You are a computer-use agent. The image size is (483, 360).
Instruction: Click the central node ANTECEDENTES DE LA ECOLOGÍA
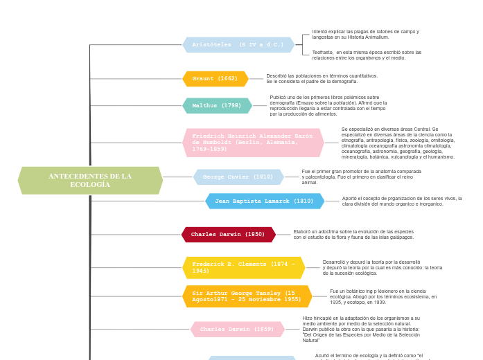tap(90, 181)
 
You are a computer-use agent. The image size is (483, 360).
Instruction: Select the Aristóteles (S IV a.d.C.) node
tap(238, 45)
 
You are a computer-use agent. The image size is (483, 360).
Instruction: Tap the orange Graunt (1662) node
tap(215, 79)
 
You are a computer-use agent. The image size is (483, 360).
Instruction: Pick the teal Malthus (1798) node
tap(217, 106)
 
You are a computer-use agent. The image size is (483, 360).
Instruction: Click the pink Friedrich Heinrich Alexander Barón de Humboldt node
tap(253, 143)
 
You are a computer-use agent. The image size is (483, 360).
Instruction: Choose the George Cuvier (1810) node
tap(238, 177)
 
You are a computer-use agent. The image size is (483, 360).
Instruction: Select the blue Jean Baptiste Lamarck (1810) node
tap(265, 201)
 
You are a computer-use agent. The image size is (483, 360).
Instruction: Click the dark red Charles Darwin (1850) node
tap(228, 235)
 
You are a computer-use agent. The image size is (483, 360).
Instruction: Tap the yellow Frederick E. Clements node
tap(244, 267)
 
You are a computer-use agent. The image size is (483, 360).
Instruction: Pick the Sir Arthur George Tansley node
tap(247, 296)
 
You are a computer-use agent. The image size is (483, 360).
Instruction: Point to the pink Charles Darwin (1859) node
tap(237, 330)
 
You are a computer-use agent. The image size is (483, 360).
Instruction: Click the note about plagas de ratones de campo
tap(365, 34)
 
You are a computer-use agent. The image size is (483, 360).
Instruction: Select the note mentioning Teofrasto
tap(367, 55)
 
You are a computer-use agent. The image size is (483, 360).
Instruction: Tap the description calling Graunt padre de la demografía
tap(322, 78)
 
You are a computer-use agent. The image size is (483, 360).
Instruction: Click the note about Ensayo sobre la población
tap(328, 106)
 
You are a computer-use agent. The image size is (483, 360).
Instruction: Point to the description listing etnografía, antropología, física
tap(398, 143)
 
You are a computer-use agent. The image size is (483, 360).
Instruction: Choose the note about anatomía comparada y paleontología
tap(361, 177)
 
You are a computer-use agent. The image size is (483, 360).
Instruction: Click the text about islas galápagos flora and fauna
tap(353, 234)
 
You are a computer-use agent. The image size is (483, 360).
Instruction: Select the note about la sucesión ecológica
tap(383, 268)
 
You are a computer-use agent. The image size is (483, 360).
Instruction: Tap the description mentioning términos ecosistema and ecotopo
tap(383, 296)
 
